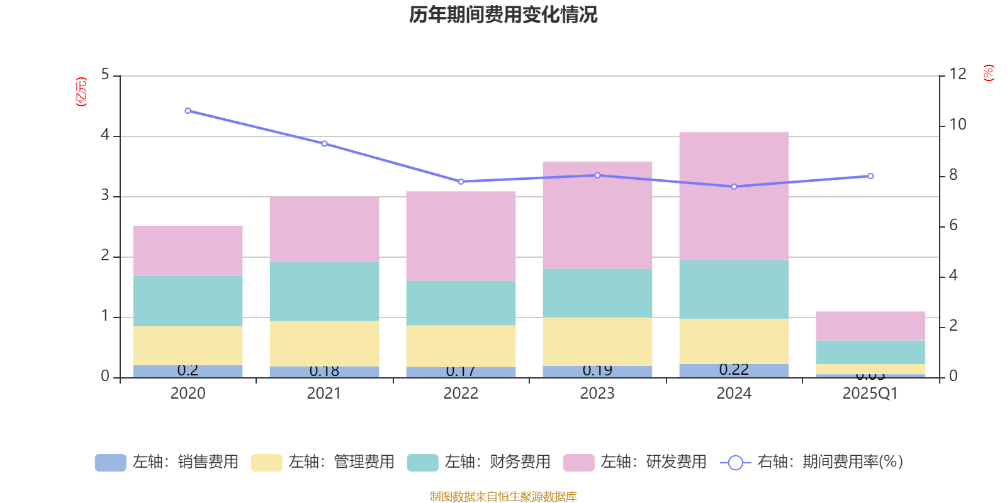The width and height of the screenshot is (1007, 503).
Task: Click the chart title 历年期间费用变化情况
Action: [503, 14]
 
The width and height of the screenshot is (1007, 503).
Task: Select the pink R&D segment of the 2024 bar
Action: [734, 196]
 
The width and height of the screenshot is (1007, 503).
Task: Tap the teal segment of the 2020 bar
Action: [188, 301]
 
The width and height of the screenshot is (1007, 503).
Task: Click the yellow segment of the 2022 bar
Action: [461, 346]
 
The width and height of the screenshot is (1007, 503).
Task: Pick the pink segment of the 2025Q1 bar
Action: [870, 326]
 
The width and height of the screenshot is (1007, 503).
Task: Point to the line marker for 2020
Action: [188, 111]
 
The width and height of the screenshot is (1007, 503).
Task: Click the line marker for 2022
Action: [461, 182]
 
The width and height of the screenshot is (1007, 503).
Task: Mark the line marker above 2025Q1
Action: [870, 176]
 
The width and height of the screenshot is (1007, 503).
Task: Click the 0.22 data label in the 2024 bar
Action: [734, 370]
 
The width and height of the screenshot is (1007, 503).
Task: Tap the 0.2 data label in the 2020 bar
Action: [188, 370]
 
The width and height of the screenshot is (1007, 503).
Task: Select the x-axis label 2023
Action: [597, 394]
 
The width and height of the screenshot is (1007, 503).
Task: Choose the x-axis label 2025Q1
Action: [870, 394]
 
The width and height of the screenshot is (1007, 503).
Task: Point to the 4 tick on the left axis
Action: [105, 135]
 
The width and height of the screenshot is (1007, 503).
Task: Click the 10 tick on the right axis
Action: [957, 124]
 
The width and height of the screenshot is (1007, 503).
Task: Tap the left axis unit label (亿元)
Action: [81, 92]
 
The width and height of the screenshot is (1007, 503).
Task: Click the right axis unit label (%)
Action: [988, 73]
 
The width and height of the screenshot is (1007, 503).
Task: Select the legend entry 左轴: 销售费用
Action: [167, 462]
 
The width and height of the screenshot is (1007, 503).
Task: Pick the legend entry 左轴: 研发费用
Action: [635, 462]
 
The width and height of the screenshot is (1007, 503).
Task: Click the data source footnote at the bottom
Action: [503, 497]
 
